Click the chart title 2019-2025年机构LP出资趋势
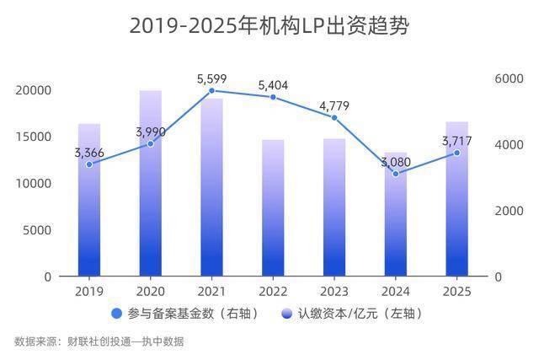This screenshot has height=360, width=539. (269, 26)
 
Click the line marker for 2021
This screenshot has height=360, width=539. (211, 90)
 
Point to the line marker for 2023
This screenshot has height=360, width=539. (334, 117)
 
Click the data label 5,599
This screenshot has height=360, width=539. (212, 78)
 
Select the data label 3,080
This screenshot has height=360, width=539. (396, 162)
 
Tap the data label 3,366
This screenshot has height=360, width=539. (89, 152)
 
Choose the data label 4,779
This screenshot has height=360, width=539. (334, 105)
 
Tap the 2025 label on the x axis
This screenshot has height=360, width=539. (457, 291)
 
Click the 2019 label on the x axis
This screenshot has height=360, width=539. (89, 291)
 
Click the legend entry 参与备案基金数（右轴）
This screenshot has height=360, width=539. (185, 314)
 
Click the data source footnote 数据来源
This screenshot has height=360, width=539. (99, 341)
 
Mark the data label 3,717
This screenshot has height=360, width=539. (457, 140)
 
